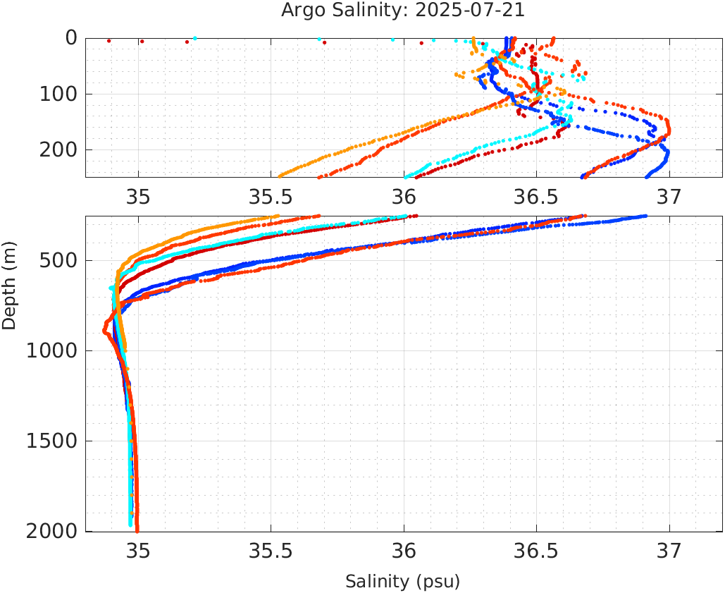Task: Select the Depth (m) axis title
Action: (x=9, y=284)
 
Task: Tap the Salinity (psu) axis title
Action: (x=402, y=582)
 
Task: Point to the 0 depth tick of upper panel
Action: (x=71, y=38)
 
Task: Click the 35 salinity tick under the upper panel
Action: (x=139, y=195)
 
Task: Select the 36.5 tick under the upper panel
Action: (x=536, y=195)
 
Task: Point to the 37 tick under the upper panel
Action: (x=669, y=195)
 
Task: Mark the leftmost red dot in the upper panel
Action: (x=109, y=41)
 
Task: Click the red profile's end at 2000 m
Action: (x=137, y=530)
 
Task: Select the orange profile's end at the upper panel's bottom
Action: (x=280, y=176)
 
